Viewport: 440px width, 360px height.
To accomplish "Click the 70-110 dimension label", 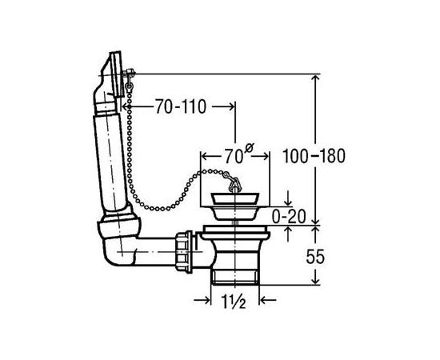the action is coord(181,107).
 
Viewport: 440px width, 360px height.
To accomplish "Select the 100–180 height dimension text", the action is coord(314,156).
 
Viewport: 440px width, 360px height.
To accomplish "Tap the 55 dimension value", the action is coord(315,257).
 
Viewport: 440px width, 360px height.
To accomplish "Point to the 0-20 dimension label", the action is coord(289,217).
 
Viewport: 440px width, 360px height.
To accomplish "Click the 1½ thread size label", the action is coord(234,302).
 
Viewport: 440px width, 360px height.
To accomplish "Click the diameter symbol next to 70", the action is coord(249,148).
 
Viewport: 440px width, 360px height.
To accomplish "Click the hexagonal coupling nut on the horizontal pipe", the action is coord(184,251).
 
